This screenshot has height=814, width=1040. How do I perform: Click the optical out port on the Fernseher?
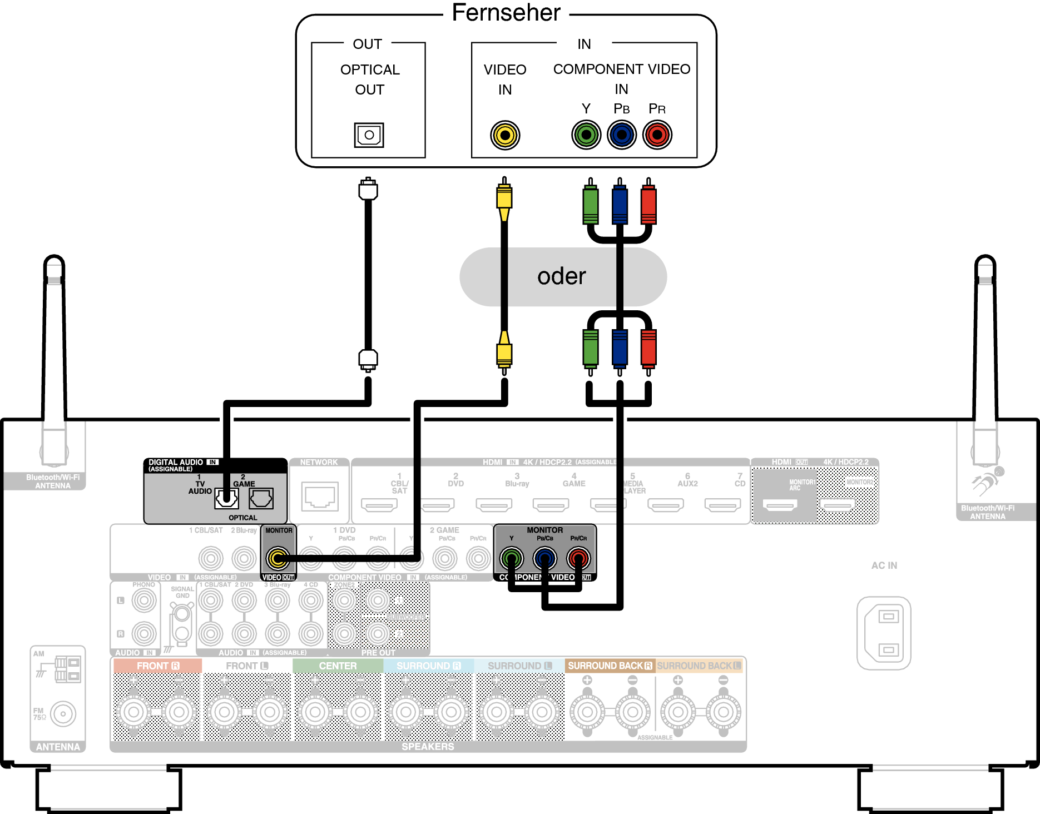[369, 135]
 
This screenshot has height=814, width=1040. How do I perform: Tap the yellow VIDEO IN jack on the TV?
[505, 135]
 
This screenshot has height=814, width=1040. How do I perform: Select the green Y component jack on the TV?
[586, 135]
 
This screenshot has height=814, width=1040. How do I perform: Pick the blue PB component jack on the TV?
[622, 135]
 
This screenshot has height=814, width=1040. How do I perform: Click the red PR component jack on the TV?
[657, 135]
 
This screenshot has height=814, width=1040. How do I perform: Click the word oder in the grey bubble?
[562, 276]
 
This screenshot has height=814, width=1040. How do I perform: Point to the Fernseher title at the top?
[506, 13]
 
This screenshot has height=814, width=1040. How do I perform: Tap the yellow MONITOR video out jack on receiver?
[278, 558]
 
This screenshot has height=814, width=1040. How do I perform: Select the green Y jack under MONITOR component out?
[512, 558]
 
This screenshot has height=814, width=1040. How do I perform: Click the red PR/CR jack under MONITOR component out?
[578, 558]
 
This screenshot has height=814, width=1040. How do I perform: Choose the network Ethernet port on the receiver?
[320, 496]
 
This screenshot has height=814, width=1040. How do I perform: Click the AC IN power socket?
[884, 633]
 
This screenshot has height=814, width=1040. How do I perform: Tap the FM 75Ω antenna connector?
[63, 714]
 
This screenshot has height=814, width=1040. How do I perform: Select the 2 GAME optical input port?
[261, 499]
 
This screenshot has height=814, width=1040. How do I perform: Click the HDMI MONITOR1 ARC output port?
[780, 505]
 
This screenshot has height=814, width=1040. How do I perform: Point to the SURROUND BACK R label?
[610, 666]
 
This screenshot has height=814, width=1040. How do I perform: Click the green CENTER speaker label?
[338, 666]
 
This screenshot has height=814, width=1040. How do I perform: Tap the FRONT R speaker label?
[158, 666]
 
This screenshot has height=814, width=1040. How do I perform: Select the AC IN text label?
[884, 565]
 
